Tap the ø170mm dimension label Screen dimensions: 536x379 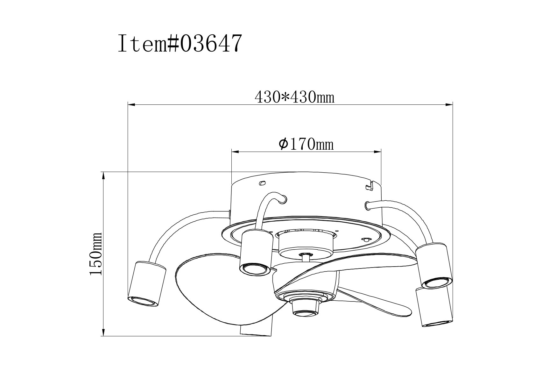pos(306,144)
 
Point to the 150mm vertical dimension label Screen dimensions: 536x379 pos(96,254)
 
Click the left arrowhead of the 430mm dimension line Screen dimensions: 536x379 pos(132,105)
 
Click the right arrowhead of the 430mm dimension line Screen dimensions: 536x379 pos(449,105)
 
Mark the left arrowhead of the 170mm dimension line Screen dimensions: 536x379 pos(236,152)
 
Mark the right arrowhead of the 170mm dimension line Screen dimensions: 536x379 pos(377,152)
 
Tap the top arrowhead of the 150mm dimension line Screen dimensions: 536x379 pos(104,176)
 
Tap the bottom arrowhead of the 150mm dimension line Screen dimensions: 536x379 pos(104,332)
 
